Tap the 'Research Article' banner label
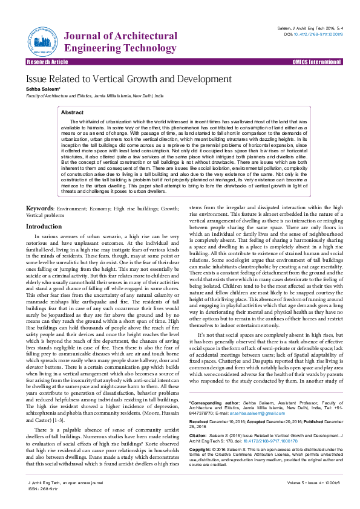48,62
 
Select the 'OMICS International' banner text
317,62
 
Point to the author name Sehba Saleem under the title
41,89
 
